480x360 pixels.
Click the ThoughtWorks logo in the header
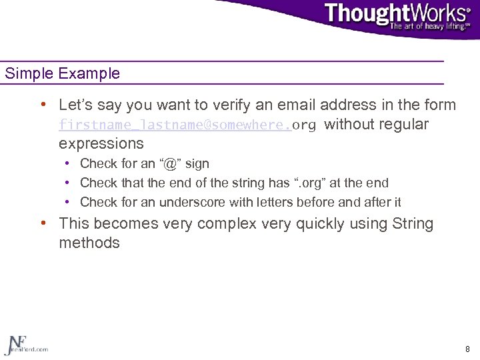[x=397, y=13]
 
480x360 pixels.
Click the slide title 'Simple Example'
[x=63, y=73]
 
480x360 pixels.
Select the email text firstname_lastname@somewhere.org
[x=187, y=125]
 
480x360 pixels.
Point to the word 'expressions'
[x=101, y=144]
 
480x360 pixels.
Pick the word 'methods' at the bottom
[x=89, y=243]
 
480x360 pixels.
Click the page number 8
[x=467, y=349]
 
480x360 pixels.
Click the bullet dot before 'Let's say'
[x=43, y=105]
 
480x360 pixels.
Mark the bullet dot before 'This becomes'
[x=43, y=224]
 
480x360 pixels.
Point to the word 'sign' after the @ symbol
[x=198, y=163]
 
